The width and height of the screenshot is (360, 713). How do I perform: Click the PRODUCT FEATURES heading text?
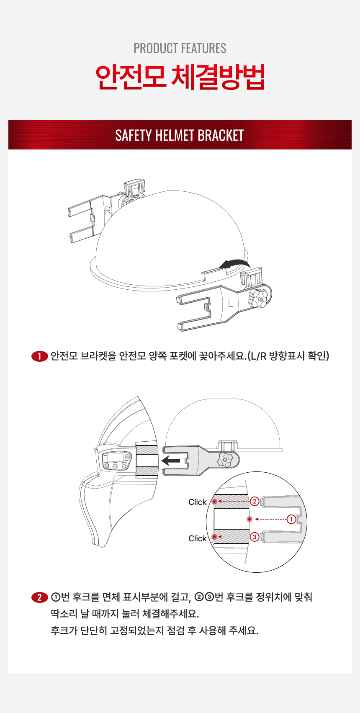coord(180,49)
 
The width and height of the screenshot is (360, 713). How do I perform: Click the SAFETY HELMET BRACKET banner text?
coord(180,135)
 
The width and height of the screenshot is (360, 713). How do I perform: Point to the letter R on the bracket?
coord(108,211)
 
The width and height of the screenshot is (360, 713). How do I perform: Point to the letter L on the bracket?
coord(231,304)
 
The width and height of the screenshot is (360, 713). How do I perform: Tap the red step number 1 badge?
coord(39,356)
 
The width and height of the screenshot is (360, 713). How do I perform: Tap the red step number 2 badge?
coord(39,597)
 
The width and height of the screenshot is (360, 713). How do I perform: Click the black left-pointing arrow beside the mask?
coord(171,461)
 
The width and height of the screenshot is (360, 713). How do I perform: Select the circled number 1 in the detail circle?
coord(291,519)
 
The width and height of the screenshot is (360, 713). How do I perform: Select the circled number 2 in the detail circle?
coord(255,501)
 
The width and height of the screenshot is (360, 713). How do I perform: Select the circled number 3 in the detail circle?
coord(255,537)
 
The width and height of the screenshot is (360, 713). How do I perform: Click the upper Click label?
coord(197,502)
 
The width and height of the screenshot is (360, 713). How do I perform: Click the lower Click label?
coord(197,538)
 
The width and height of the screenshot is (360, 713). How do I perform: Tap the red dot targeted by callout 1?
coord(249,519)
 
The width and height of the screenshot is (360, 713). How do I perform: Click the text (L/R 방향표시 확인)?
coord(288,356)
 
